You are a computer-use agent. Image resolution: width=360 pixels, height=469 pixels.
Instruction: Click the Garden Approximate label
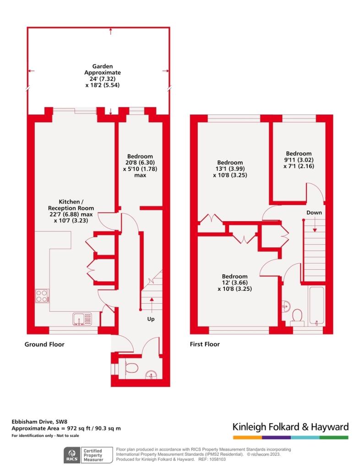point(103,70)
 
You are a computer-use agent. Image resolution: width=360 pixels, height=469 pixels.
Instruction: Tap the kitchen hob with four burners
point(42,296)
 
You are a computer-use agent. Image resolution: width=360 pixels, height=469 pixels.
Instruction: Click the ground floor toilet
point(130,368)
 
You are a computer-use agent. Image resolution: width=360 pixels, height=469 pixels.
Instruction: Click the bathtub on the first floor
point(316,305)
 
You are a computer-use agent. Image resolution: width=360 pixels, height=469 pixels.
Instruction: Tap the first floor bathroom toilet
point(297,317)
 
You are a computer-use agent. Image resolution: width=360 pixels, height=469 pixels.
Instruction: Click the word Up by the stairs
point(151,319)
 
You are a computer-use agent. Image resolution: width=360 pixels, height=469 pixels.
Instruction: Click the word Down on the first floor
point(314,213)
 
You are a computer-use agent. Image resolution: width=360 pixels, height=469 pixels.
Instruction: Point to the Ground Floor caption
point(44,344)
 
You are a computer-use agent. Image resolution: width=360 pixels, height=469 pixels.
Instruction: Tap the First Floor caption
point(205,344)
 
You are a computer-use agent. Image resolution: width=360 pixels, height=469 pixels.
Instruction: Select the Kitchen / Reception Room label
point(71,205)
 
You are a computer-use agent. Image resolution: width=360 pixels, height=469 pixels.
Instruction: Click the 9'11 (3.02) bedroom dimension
point(299,160)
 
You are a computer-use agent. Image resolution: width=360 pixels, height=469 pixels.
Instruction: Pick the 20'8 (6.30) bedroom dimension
point(140,163)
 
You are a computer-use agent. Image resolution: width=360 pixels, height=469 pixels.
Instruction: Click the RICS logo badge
point(72,455)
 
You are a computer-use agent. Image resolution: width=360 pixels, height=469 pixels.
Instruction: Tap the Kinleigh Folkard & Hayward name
point(291,427)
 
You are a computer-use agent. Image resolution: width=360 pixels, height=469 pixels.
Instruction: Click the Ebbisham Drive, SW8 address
point(39,422)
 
